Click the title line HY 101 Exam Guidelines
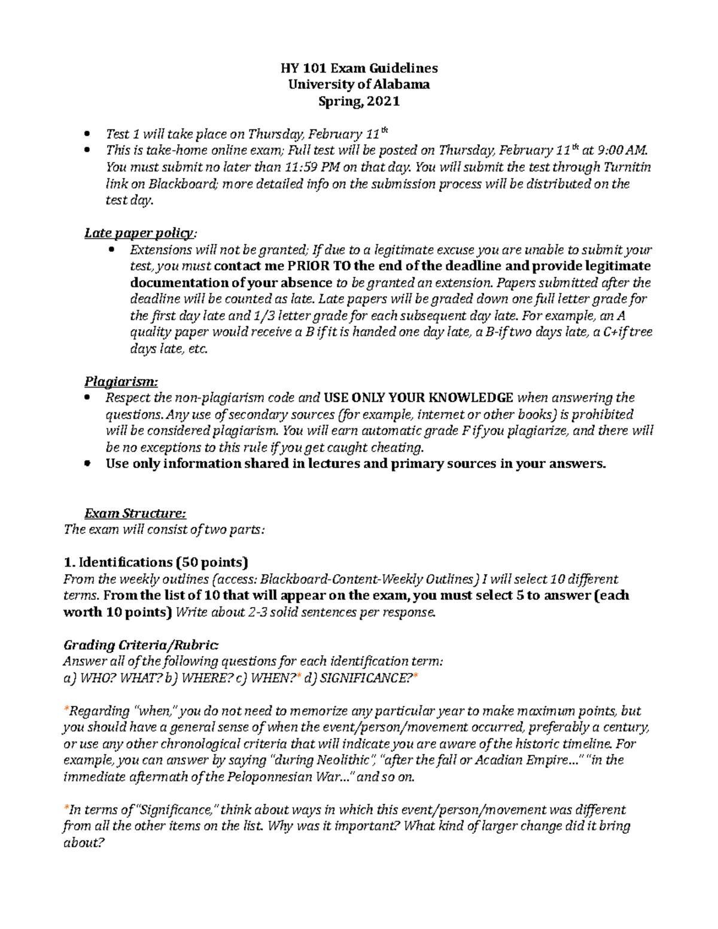(x=359, y=68)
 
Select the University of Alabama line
(x=359, y=84)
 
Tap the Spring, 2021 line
(x=359, y=101)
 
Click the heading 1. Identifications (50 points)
(x=156, y=562)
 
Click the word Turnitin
(x=627, y=167)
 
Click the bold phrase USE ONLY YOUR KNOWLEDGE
(x=418, y=398)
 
